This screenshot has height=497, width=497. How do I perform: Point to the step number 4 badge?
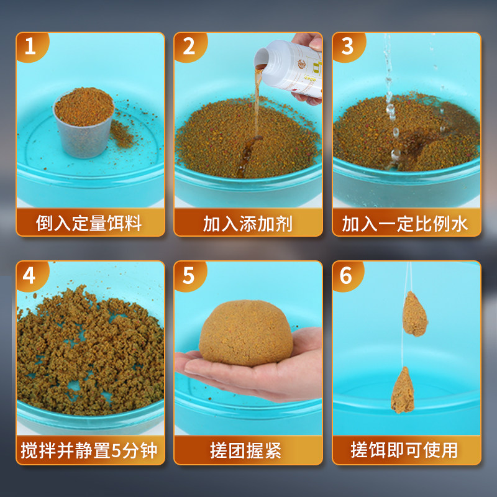tap(29, 275)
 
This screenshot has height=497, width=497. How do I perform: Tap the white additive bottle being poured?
tap(292, 68)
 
